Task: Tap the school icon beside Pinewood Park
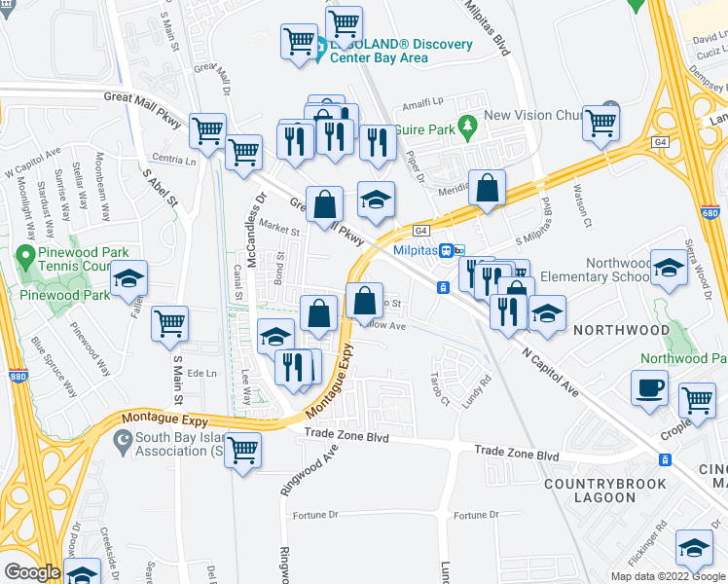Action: coord(127,278)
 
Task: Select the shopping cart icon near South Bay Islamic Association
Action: coord(242,450)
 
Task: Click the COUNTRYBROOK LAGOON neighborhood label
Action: coord(604,491)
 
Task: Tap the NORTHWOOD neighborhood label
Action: coord(620,330)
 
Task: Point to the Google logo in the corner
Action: coord(32,572)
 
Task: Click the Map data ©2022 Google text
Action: coord(669,576)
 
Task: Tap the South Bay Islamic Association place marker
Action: coord(123,444)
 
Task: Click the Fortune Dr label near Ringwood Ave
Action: coord(317,515)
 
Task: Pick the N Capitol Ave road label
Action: coord(549,371)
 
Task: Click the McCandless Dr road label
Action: coord(256,221)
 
